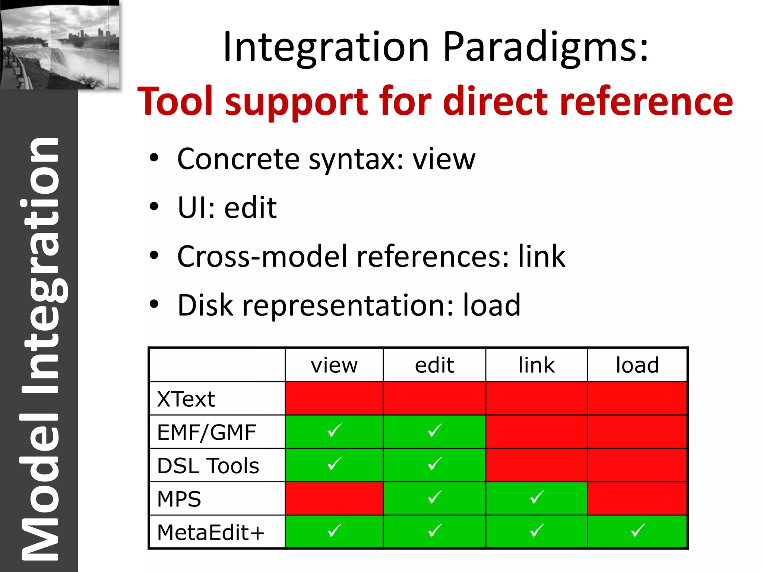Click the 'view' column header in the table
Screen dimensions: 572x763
tap(334, 365)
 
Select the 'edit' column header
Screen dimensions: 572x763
tap(434, 365)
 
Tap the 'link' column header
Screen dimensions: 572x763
tap(536, 365)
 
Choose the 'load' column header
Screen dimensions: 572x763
tap(637, 365)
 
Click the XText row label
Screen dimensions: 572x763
tap(186, 399)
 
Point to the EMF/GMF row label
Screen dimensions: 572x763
tap(206, 432)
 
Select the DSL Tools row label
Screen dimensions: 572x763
tap(208, 466)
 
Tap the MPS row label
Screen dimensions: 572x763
tap(179, 499)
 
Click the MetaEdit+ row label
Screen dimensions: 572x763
tap(211, 533)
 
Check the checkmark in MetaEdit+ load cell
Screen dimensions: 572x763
tap(638, 531)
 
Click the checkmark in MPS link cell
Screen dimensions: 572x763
tap(537, 497)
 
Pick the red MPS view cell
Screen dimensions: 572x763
tap(334, 498)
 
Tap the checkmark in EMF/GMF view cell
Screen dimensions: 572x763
tap(334, 430)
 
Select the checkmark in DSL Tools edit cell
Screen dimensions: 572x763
tap(435, 464)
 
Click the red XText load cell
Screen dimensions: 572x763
tap(637, 398)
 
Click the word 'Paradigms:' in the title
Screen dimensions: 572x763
tap(546, 48)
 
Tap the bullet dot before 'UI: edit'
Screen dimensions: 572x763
tap(154, 207)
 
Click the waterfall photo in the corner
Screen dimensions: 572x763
tap(60, 45)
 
